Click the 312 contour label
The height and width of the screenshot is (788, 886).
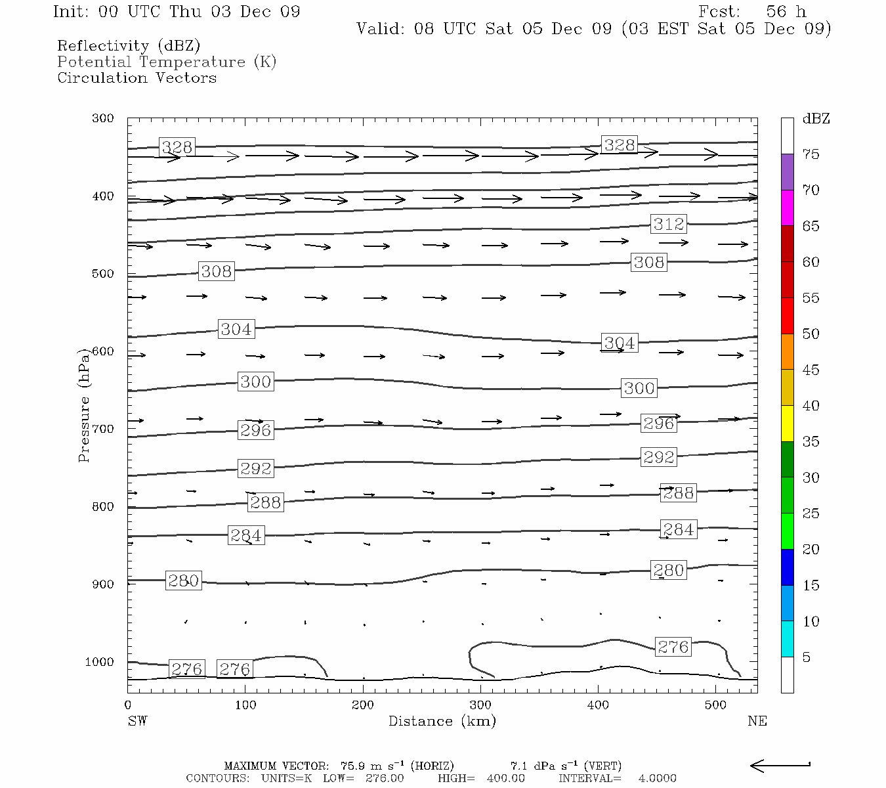coord(668,224)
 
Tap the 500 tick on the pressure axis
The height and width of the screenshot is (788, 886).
coord(103,274)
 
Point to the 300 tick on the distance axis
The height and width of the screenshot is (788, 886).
coord(480,705)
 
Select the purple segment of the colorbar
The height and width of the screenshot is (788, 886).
coord(787,172)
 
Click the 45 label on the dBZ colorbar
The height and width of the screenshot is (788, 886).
coord(811,370)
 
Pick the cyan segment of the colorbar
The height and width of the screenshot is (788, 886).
coord(787,639)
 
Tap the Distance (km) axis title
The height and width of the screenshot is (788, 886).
coord(442,721)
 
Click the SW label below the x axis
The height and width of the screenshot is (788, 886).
coord(137,721)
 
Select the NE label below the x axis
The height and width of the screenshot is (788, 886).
coord(757,721)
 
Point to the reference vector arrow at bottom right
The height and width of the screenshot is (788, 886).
coord(780,765)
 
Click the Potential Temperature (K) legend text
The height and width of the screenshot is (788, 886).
coord(167,62)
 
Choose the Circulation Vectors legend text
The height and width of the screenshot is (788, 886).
coord(137,77)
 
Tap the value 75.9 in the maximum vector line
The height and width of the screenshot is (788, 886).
coord(352,766)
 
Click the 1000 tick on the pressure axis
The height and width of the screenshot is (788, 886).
coord(99,662)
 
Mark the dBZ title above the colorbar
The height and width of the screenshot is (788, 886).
coord(816,119)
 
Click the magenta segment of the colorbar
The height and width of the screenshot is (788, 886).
coord(787,208)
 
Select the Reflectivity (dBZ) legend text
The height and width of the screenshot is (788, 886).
coord(129,45)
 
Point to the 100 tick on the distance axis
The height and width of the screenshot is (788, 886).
coord(245,705)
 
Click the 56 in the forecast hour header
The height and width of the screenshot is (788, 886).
coord(776,12)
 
